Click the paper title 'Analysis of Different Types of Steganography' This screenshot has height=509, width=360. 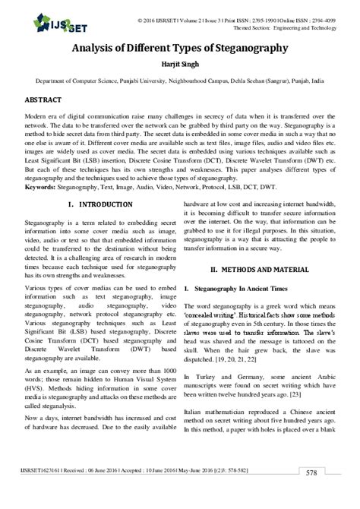[x=179, y=48]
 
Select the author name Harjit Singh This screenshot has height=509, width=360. [x=179, y=63]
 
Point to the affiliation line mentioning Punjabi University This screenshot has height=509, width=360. [x=179, y=79]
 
